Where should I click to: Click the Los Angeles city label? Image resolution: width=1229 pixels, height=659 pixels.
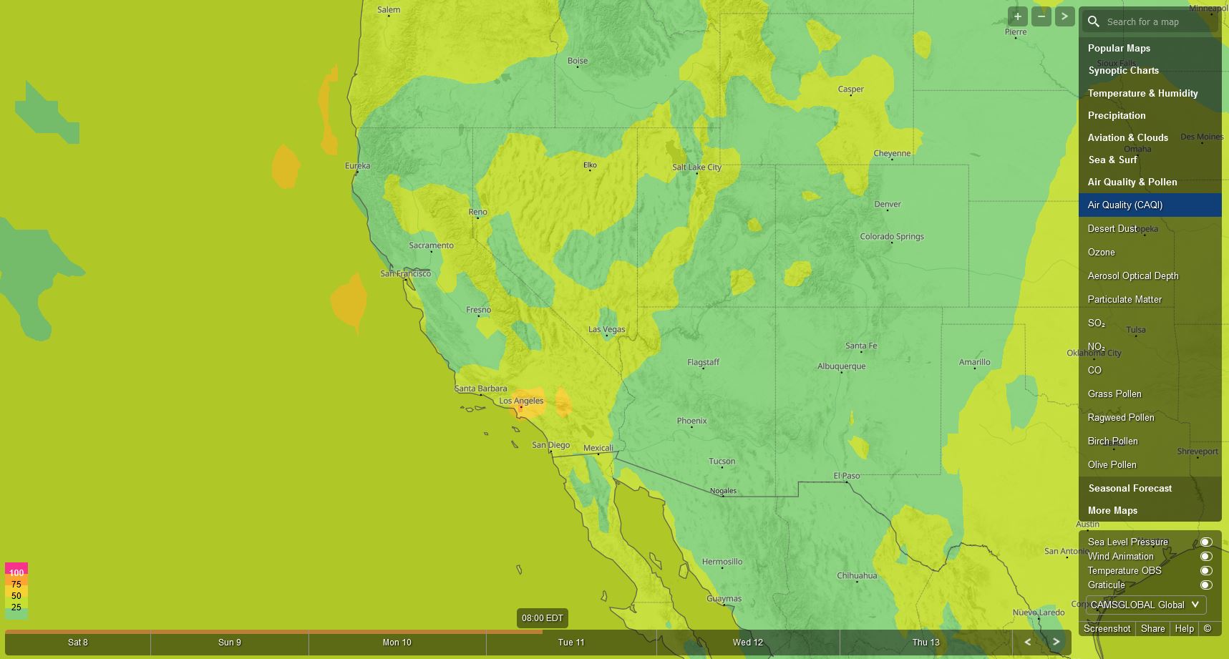521,401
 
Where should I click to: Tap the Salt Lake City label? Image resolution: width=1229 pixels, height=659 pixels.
696,167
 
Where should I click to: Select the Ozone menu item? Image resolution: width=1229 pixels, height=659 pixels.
1101,252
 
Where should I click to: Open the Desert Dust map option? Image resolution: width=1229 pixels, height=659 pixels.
1112,228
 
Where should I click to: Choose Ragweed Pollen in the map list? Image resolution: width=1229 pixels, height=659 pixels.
1120,417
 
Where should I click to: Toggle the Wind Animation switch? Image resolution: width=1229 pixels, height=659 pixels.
1205,556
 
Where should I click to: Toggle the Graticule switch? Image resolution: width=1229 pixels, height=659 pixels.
1205,585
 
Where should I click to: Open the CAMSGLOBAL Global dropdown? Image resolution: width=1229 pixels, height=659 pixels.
1145,605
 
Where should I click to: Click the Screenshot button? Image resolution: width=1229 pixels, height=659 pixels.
1107,628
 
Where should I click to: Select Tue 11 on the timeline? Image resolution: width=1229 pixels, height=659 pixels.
571,642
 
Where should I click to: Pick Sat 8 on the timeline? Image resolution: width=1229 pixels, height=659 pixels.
78,642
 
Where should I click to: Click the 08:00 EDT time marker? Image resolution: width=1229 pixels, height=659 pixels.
542,617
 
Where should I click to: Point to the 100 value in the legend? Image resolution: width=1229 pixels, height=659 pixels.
16,572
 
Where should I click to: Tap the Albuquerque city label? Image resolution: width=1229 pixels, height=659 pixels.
841,366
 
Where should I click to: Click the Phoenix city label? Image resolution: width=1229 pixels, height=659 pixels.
691,420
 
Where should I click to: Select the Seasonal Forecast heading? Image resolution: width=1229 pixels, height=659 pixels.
1130,488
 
